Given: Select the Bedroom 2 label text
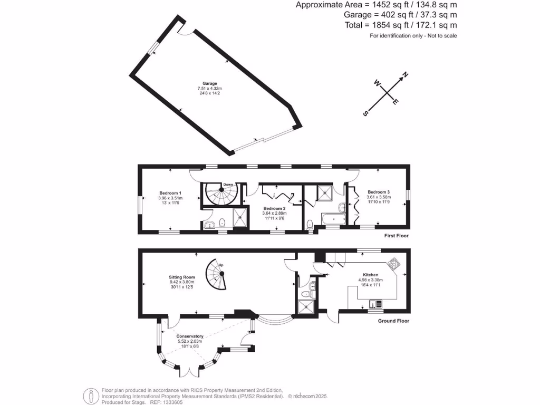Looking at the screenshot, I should click(x=274, y=209).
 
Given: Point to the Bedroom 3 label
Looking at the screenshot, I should click(x=379, y=192).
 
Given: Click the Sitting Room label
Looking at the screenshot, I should click(x=182, y=277).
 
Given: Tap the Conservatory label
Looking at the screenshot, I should click(x=190, y=336).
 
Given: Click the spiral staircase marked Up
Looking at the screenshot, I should click(x=217, y=274).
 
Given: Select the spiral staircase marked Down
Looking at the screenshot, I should click(x=218, y=195).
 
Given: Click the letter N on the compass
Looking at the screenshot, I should click(x=405, y=75).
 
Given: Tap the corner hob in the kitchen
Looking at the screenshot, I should click(x=393, y=263).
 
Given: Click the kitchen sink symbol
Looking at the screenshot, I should click(x=375, y=304).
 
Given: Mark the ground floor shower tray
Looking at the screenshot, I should click(x=305, y=306).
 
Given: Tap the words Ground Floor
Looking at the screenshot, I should click(x=393, y=321).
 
